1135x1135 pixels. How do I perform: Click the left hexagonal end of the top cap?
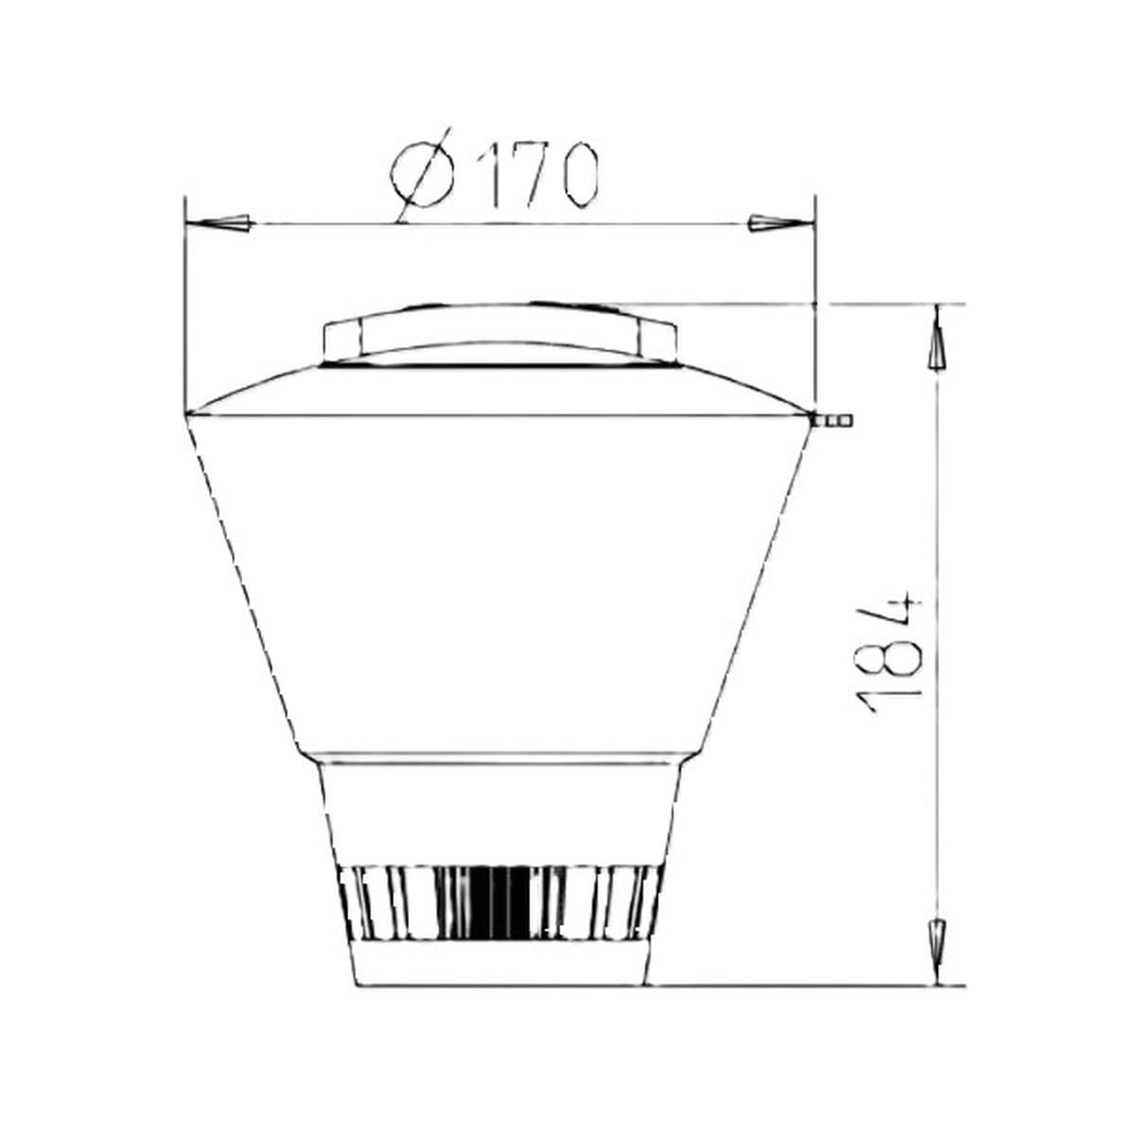[341, 340]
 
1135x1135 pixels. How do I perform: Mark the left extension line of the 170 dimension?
[186, 303]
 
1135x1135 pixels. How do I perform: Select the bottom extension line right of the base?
[804, 985]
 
